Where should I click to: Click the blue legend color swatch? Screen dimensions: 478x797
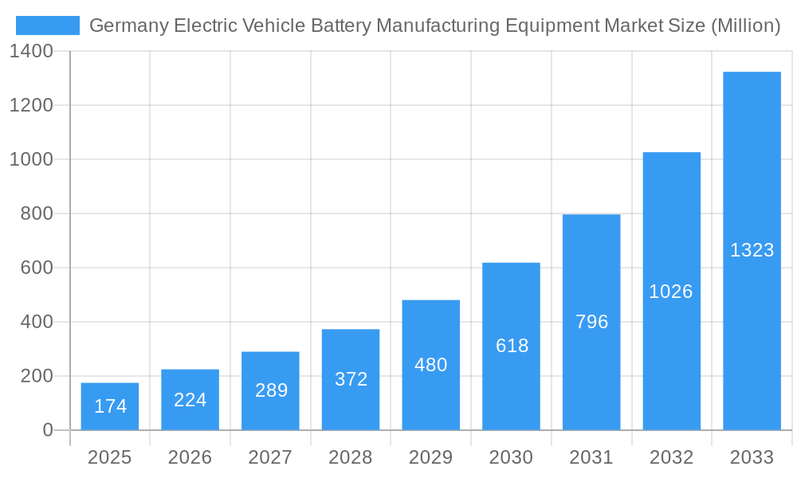(x=48, y=25)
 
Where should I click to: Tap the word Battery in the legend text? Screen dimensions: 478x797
(x=334, y=25)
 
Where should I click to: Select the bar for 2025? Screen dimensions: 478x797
(x=110, y=406)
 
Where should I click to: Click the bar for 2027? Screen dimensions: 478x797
(x=270, y=390)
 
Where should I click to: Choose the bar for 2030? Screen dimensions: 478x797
(x=511, y=346)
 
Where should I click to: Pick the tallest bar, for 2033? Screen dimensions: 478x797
(x=752, y=250)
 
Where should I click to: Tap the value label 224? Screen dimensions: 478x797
(x=190, y=400)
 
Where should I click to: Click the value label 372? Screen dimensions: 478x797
(x=351, y=379)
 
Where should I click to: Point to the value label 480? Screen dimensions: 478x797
(x=431, y=365)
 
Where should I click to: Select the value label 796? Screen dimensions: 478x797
(x=591, y=322)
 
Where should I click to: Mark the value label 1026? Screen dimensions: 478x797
(x=671, y=292)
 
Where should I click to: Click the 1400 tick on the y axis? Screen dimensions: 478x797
(x=31, y=51)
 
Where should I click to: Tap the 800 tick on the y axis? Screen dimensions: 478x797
(x=37, y=214)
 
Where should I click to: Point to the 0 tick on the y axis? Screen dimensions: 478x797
(x=48, y=430)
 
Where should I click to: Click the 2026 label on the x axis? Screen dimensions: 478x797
(x=190, y=457)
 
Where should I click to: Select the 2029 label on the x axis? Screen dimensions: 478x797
(x=431, y=457)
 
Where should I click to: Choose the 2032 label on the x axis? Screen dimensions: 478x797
(x=671, y=457)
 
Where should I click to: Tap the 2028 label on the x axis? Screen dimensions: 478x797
(x=351, y=457)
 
